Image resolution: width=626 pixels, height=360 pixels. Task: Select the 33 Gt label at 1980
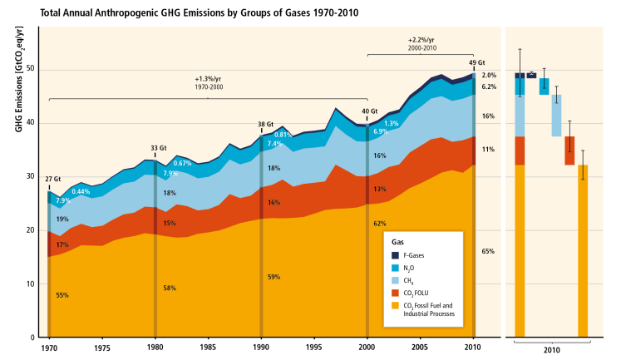point(155,149)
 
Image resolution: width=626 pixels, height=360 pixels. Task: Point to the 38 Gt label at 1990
point(265,125)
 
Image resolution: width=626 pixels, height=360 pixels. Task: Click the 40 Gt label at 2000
point(369,111)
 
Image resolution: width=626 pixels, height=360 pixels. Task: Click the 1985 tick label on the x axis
point(208,347)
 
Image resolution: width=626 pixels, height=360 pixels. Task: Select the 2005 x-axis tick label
point(421,347)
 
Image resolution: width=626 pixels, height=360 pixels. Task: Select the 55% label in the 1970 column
point(63,295)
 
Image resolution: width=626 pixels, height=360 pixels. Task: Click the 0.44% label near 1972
point(81,192)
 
